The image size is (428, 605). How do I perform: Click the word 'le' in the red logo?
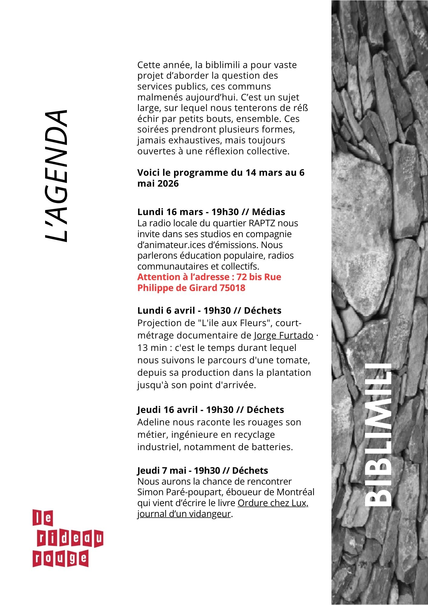point(43,518)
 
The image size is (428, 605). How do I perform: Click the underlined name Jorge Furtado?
point(283,335)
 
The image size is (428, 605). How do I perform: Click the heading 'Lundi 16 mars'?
point(170,212)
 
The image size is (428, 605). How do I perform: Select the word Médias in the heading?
point(268,212)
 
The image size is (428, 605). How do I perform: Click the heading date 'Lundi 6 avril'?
point(166,311)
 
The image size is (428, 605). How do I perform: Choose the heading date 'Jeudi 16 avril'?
point(167,410)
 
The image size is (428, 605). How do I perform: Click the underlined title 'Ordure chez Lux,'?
point(273,503)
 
